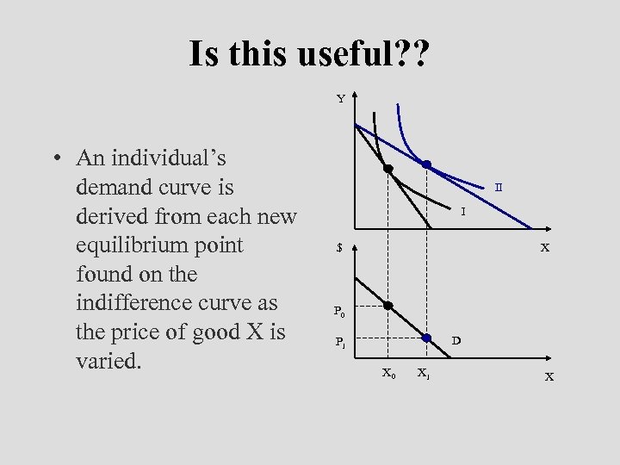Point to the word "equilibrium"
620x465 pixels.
(128, 246)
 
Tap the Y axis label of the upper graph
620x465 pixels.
(341, 99)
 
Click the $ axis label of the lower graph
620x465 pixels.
(340, 248)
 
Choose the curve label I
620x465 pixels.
(462, 211)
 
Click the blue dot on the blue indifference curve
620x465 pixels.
(426, 164)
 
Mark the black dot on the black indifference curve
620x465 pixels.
(388, 168)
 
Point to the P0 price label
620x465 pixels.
(341, 311)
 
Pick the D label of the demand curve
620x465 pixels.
(456, 339)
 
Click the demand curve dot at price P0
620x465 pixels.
(388, 306)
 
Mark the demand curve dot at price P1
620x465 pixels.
(426, 338)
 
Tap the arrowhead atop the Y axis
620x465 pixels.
(356, 96)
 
